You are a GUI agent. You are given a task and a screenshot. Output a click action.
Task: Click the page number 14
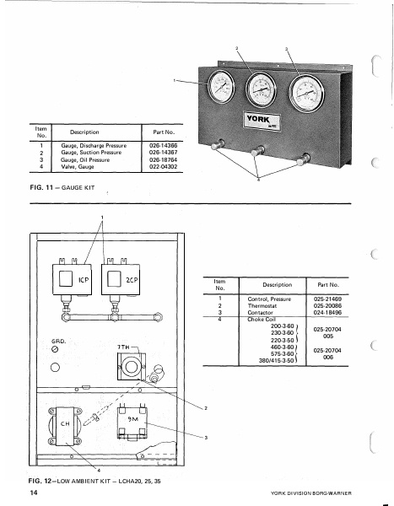click(33, 492)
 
